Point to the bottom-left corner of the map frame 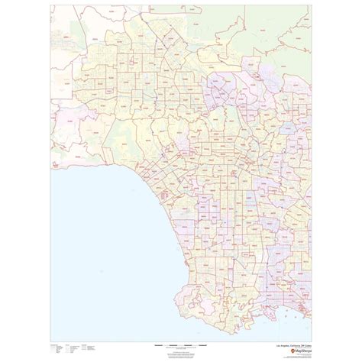click(52, 340)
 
